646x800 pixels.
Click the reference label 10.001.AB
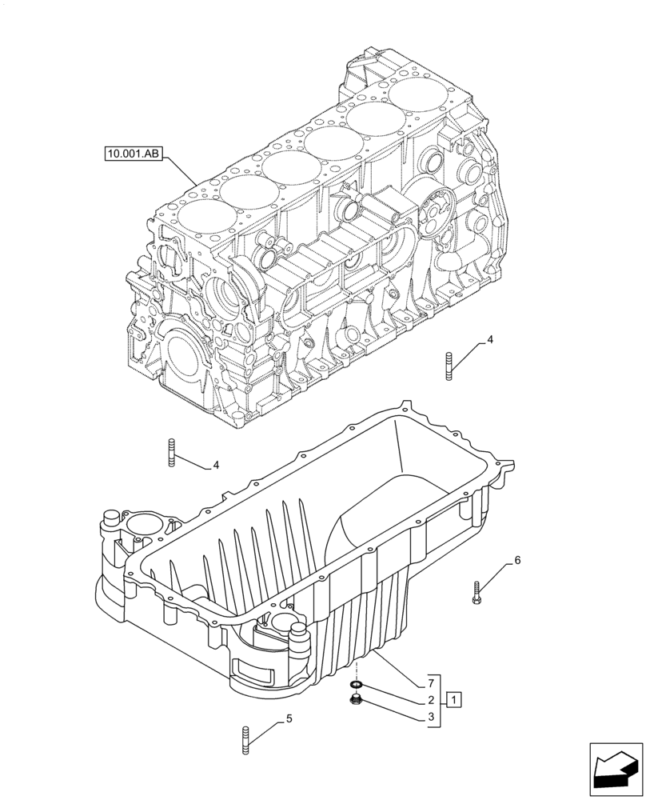pyautogui.click(x=133, y=153)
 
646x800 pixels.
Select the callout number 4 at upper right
pyautogui.click(x=490, y=340)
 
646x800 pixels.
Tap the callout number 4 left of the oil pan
pyautogui.click(x=214, y=465)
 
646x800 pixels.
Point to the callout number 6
pyautogui.click(x=517, y=560)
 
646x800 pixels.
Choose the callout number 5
pyautogui.click(x=289, y=718)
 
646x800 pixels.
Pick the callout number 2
pyautogui.click(x=431, y=700)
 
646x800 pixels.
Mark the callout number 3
pyautogui.click(x=431, y=718)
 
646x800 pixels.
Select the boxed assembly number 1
pyautogui.click(x=453, y=700)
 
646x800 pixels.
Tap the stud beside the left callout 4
pyautogui.click(x=171, y=452)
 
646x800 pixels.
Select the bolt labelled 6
pyautogui.click(x=477, y=592)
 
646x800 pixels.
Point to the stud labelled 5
pyautogui.click(x=244, y=738)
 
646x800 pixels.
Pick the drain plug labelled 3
pyautogui.click(x=357, y=702)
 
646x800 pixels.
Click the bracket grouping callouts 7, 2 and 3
pyautogui.click(x=438, y=700)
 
